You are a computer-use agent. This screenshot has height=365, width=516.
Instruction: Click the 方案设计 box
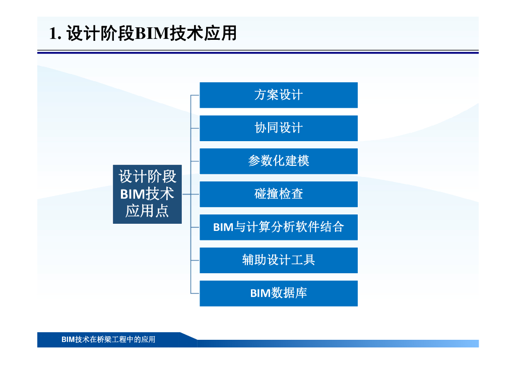278,95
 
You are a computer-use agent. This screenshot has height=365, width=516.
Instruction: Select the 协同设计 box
278,128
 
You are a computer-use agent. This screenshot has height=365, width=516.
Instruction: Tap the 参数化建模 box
278,161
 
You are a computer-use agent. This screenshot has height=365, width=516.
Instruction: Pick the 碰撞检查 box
278,194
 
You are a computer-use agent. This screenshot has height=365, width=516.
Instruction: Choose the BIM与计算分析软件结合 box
278,227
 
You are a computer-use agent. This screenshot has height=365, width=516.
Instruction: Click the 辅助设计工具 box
278,260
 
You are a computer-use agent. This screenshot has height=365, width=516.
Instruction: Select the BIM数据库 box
278,293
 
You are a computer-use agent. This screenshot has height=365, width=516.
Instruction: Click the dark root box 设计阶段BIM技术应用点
147,194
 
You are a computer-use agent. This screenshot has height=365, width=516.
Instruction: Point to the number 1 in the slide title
53,33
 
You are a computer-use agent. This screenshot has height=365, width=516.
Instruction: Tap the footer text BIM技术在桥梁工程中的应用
108,339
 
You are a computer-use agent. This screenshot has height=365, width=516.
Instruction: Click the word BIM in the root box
133,194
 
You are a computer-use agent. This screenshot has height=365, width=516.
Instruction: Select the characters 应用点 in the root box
147,211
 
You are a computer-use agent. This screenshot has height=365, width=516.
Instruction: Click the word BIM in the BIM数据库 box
260,293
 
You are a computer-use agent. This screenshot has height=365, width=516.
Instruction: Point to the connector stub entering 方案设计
195,95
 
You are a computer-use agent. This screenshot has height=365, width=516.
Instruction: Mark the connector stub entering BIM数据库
195,293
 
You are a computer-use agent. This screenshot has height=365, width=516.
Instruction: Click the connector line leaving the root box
186,194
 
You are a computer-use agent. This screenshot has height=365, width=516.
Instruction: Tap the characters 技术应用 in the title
204,33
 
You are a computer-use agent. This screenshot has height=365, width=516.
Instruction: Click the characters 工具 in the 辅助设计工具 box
303,260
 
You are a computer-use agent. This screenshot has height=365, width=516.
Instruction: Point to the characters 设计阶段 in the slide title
100,33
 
